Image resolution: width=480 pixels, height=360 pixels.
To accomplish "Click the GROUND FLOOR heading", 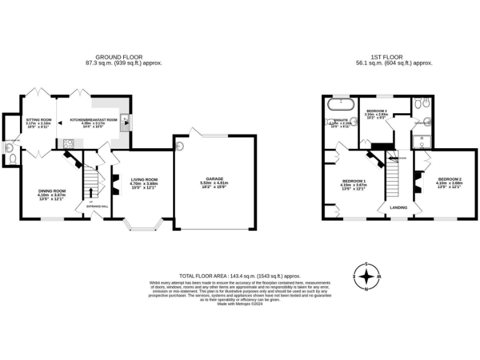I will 119,57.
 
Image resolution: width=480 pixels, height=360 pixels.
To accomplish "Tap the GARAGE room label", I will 214,179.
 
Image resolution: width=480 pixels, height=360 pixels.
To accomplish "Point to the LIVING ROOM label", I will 144,180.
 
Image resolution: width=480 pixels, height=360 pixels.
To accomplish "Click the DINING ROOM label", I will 51,191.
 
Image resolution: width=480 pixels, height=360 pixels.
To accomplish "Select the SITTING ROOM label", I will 38,119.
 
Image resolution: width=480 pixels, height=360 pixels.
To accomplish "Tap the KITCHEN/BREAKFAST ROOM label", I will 94,119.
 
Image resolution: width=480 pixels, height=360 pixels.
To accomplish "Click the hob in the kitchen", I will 67,143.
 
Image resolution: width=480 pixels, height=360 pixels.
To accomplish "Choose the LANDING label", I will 399,207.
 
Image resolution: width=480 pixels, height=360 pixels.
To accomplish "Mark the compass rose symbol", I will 367,275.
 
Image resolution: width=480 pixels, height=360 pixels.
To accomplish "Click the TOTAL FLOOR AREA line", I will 240,276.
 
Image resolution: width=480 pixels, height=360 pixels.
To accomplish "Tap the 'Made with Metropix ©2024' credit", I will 240,303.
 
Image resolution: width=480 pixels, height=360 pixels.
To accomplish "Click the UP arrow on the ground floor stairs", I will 91,201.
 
